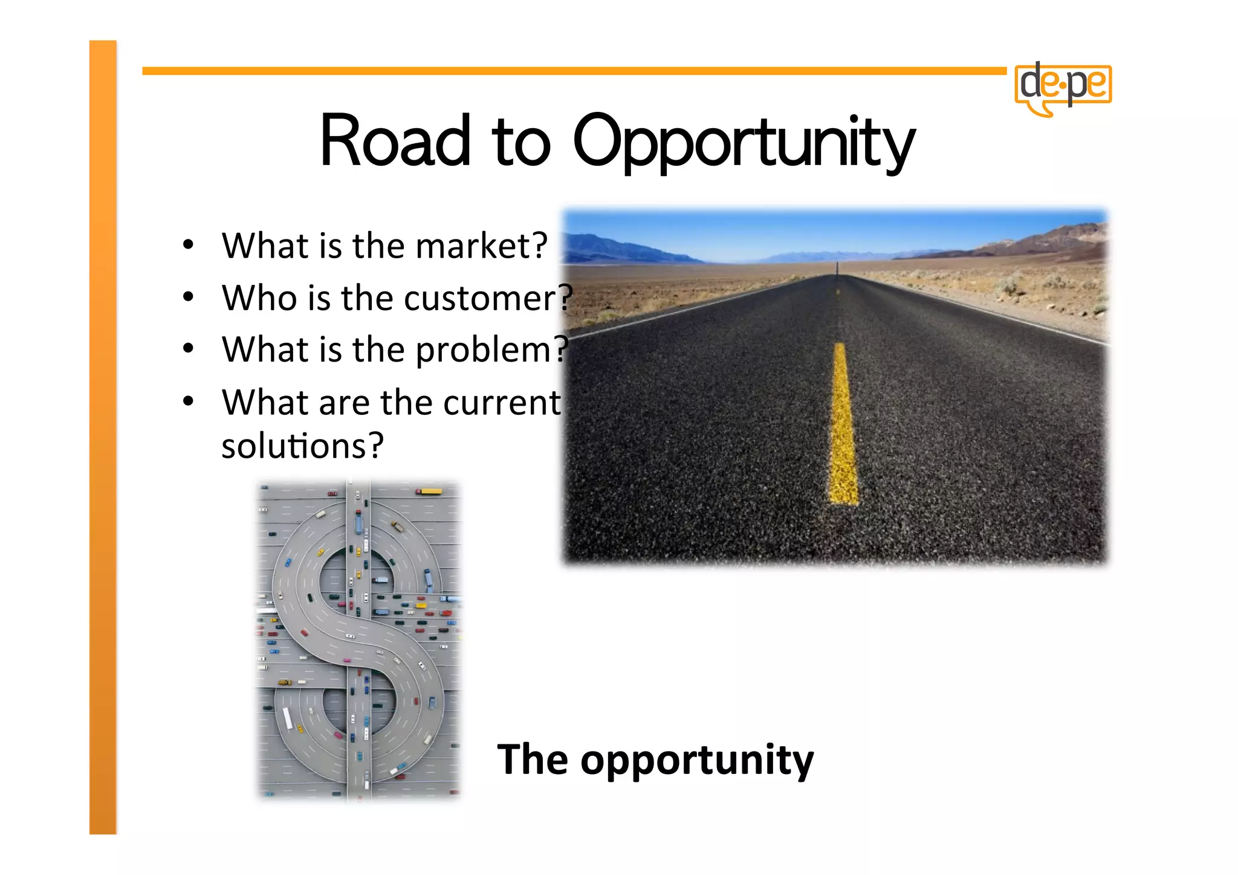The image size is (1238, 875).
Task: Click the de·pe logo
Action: point(1063,88)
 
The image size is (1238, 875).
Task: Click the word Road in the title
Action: point(395,141)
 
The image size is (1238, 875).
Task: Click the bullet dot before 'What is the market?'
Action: point(189,245)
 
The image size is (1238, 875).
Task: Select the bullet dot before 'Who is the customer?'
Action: point(189,297)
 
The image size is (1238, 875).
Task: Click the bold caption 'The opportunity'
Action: point(655,760)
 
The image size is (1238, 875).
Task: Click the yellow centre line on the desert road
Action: point(843,423)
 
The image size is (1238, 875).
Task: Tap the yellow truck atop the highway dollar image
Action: point(430,492)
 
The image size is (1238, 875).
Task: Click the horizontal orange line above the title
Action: point(574,71)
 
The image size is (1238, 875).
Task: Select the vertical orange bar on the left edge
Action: point(103,435)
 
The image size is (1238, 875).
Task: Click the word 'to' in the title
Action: point(521,143)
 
